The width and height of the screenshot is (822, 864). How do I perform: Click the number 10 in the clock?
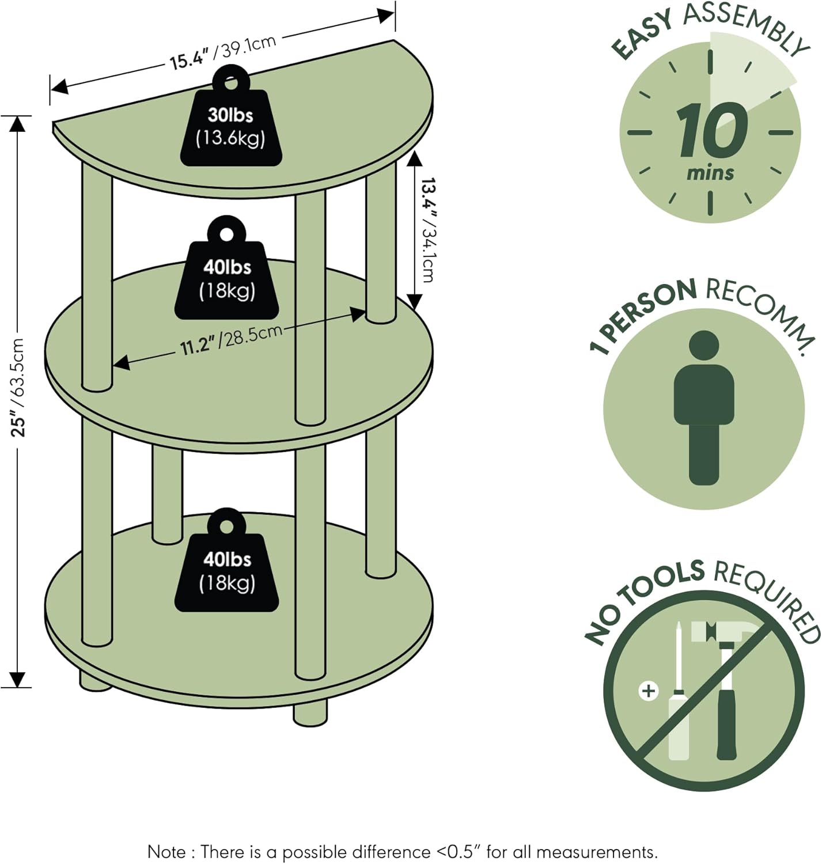coord(711,131)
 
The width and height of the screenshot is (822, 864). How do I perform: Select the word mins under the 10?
coord(710,173)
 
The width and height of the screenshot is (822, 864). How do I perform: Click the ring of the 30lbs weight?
coord(231,80)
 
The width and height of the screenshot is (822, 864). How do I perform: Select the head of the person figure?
coord(704,346)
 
